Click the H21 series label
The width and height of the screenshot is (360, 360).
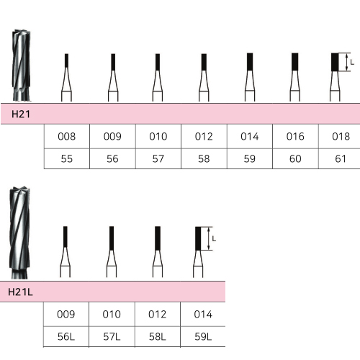21,114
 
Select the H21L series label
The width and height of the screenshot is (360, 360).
20,292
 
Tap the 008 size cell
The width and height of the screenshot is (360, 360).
67,136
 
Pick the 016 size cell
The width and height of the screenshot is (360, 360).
295,136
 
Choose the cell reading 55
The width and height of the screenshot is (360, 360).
67,158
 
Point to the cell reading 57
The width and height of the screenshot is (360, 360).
158,158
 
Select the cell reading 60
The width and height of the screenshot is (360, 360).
295,158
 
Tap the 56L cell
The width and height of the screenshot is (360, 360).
66,336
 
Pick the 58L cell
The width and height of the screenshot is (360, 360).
158,336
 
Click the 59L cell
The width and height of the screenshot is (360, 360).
203,336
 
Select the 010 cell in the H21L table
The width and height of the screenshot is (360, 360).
112,314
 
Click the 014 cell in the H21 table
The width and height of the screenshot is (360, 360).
250,136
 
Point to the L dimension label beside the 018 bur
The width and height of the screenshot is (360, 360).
352,63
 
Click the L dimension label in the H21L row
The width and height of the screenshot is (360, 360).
214,239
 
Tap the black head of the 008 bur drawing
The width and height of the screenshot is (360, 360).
66,60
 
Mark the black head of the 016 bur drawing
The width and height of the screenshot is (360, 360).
295,62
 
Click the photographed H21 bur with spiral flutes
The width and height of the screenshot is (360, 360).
22,66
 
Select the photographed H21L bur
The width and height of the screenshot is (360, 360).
19,233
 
